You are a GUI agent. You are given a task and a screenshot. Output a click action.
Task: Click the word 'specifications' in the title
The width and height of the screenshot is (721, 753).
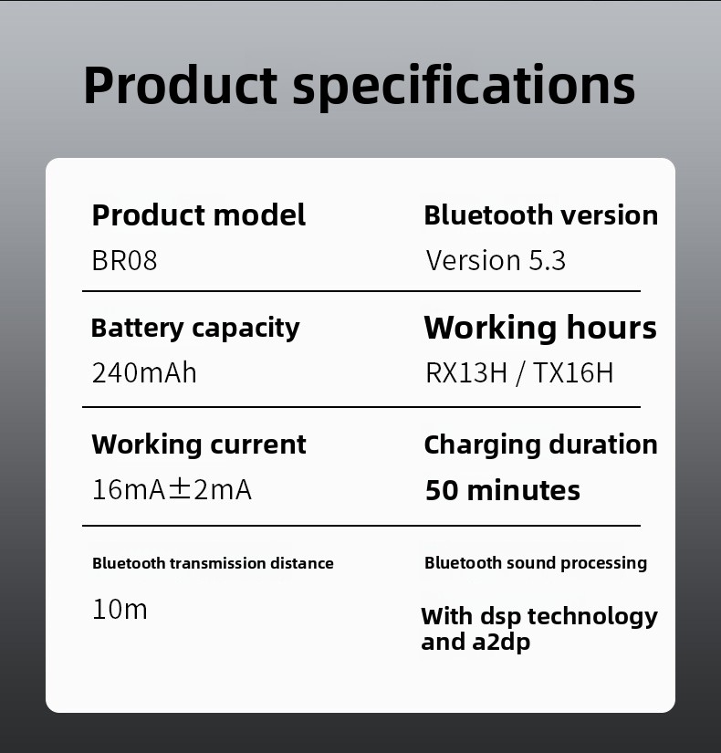(x=464, y=87)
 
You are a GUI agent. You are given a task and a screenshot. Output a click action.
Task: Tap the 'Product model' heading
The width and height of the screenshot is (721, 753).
(x=199, y=214)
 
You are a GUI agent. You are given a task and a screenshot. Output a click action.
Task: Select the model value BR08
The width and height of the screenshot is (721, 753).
(x=124, y=261)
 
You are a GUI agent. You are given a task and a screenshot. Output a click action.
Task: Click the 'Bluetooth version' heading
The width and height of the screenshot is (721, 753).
(x=541, y=214)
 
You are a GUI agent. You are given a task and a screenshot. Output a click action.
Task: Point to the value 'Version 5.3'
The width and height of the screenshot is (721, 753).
(x=496, y=260)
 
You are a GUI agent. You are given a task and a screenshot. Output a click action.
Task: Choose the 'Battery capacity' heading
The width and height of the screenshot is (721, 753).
(x=195, y=329)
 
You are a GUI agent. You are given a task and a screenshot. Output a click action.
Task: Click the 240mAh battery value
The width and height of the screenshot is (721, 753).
(x=144, y=372)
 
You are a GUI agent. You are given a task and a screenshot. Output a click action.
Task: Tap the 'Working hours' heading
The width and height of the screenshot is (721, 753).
(x=540, y=329)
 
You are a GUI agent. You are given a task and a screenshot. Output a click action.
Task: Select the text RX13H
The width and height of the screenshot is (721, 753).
(x=466, y=372)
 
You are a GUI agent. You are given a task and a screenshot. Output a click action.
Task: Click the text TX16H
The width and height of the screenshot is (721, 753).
(x=573, y=372)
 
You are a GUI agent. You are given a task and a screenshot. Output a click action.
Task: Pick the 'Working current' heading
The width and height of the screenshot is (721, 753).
(x=199, y=444)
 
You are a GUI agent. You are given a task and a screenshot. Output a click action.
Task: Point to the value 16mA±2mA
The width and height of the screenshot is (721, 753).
(x=172, y=490)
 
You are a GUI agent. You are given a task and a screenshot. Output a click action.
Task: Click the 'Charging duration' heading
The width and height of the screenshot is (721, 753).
(x=541, y=445)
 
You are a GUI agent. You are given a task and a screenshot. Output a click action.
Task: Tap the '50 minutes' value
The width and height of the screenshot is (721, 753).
(x=503, y=490)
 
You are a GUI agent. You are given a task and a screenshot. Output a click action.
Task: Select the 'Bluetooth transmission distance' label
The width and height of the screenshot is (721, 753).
(x=213, y=563)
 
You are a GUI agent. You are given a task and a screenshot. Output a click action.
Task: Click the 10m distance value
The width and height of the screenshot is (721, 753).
(x=120, y=610)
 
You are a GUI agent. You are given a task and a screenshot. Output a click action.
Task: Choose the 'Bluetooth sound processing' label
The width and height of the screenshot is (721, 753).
(x=536, y=563)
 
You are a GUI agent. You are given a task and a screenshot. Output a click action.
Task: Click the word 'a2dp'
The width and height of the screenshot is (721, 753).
(x=501, y=643)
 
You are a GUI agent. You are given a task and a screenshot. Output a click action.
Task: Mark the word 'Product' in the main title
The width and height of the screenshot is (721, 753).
(x=181, y=85)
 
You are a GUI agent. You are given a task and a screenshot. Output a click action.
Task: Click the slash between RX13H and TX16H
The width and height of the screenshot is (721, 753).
(x=520, y=373)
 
